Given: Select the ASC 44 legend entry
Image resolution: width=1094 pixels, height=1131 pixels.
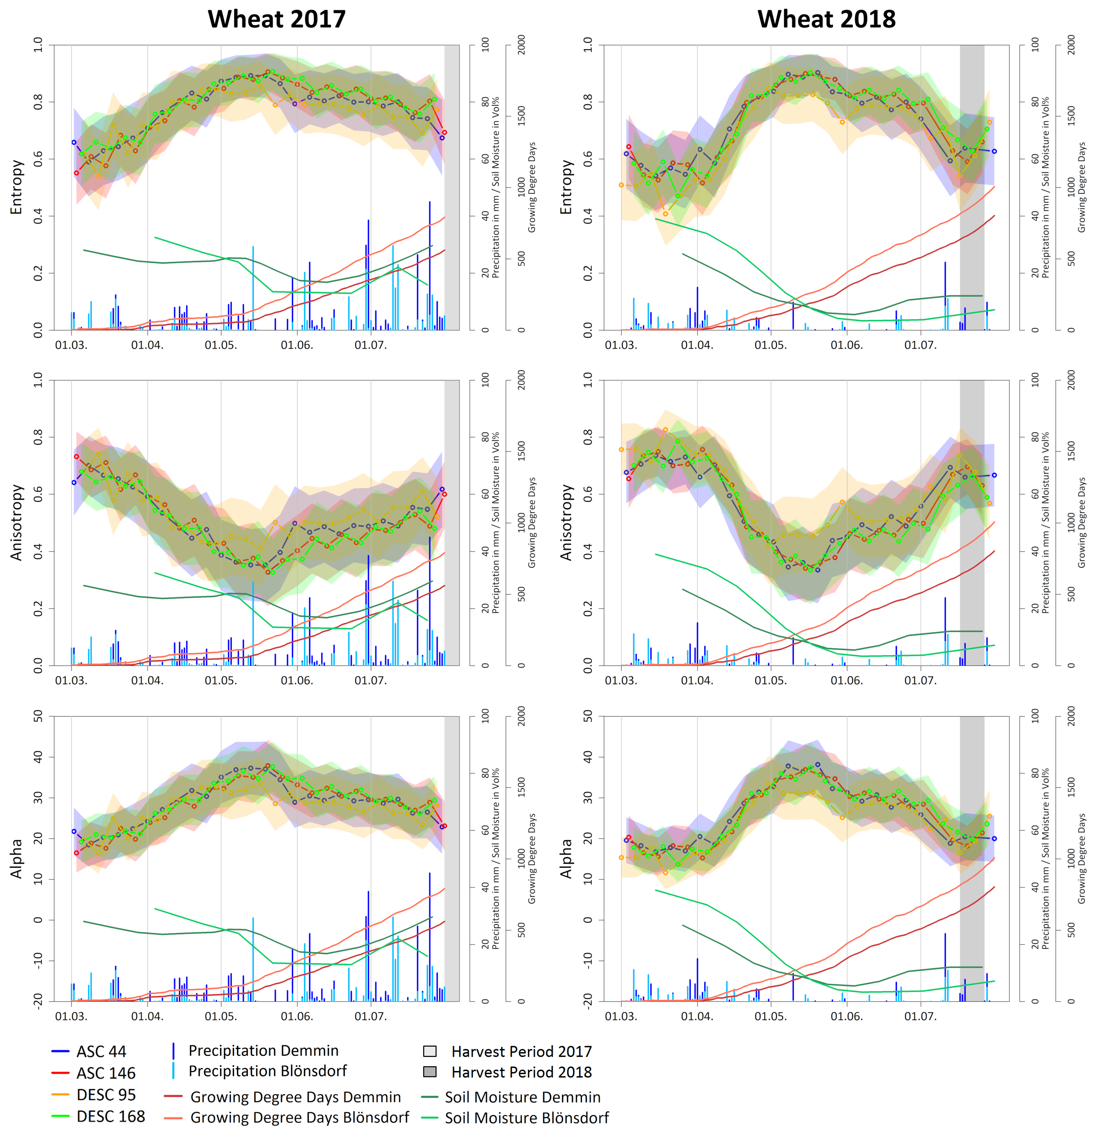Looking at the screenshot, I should tap(101, 1051).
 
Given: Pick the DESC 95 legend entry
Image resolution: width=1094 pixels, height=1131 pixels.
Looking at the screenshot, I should tap(106, 1095).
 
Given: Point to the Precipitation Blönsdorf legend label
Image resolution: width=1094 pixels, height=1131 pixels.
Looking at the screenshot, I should tap(267, 1071).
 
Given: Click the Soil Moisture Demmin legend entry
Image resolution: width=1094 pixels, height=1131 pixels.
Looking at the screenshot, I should tap(522, 1097).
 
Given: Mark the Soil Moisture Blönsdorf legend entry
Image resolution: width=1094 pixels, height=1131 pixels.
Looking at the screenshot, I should tap(526, 1118).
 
